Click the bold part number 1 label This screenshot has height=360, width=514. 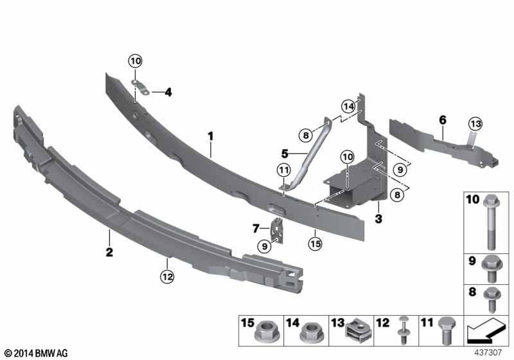(x=211, y=136)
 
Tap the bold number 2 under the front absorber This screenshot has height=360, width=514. (x=109, y=252)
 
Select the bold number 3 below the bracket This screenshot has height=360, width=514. (x=378, y=219)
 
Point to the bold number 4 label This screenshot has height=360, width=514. (x=168, y=92)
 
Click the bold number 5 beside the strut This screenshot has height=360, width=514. (x=285, y=154)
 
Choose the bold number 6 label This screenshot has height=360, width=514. (x=443, y=120)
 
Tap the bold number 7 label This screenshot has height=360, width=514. (x=256, y=228)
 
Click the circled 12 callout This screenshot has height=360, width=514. (x=167, y=277)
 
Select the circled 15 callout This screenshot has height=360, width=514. (x=315, y=244)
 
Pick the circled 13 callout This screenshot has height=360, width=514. (x=475, y=124)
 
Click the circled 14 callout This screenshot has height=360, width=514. (x=348, y=106)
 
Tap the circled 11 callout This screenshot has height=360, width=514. (x=284, y=170)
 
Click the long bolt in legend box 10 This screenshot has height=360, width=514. (x=491, y=222)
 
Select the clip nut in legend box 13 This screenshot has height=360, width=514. (x=359, y=330)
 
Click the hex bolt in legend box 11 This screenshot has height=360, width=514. (x=446, y=330)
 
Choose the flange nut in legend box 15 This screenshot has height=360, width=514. (x=267, y=331)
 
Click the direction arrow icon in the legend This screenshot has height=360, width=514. (x=484, y=330)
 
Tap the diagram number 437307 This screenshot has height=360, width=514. (x=488, y=352)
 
